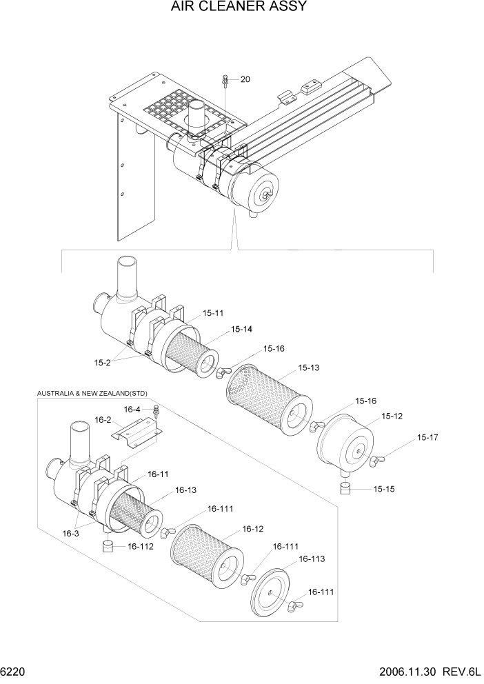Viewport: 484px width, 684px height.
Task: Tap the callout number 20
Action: click(x=245, y=79)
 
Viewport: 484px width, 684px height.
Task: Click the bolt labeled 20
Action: click(x=225, y=81)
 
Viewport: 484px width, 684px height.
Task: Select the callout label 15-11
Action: click(x=213, y=313)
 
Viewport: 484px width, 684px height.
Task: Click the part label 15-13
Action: click(x=309, y=368)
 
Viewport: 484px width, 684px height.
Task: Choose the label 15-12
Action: click(x=392, y=416)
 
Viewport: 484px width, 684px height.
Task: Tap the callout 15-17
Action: click(x=427, y=437)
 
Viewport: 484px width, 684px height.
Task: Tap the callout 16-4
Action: click(x=132, y=409)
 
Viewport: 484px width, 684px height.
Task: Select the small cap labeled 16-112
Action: click(x=108, y=546)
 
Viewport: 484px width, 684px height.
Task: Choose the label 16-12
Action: click(x=252, y=529)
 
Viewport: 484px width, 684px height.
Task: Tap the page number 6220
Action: click(x=12, y=671)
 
